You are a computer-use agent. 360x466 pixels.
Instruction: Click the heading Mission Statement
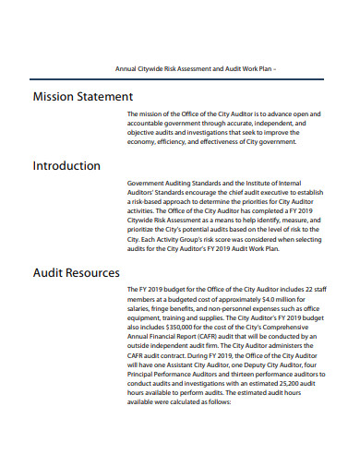(x=83, y=97)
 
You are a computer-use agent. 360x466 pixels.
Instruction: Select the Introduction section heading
(x=67, y=166)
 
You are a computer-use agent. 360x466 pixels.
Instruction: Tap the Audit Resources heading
(x=77, y=273)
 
